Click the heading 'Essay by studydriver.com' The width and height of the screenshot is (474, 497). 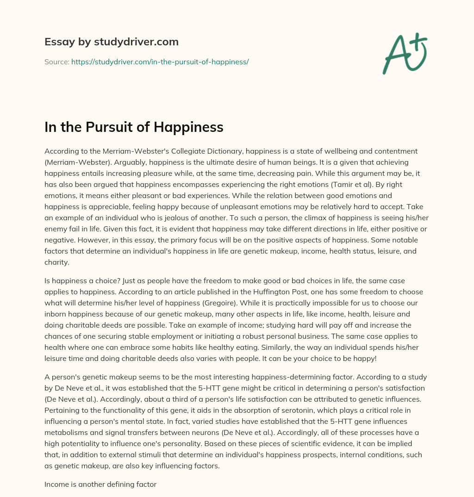coord(111,42)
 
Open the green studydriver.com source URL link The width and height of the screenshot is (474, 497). coord(160,62)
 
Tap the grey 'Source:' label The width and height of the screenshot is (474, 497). coord(56,62)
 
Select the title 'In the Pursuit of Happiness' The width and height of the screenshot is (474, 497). coord(134,127)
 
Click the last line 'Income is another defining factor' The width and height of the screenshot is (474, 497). coord(100,485)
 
